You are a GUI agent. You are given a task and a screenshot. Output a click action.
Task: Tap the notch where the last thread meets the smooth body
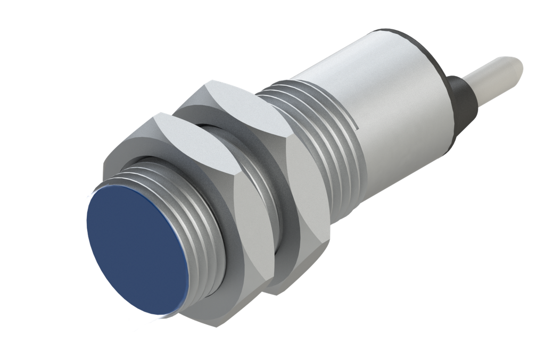pos(356,125)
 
